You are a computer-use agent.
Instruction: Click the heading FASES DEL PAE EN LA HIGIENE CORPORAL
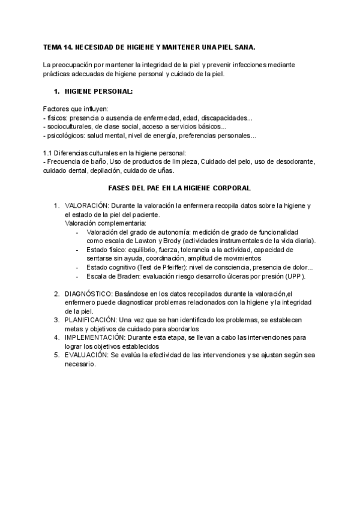pyautogui.click(x=179, y=188)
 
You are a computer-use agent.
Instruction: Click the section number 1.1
pyautogui.click(x=48, y=153)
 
